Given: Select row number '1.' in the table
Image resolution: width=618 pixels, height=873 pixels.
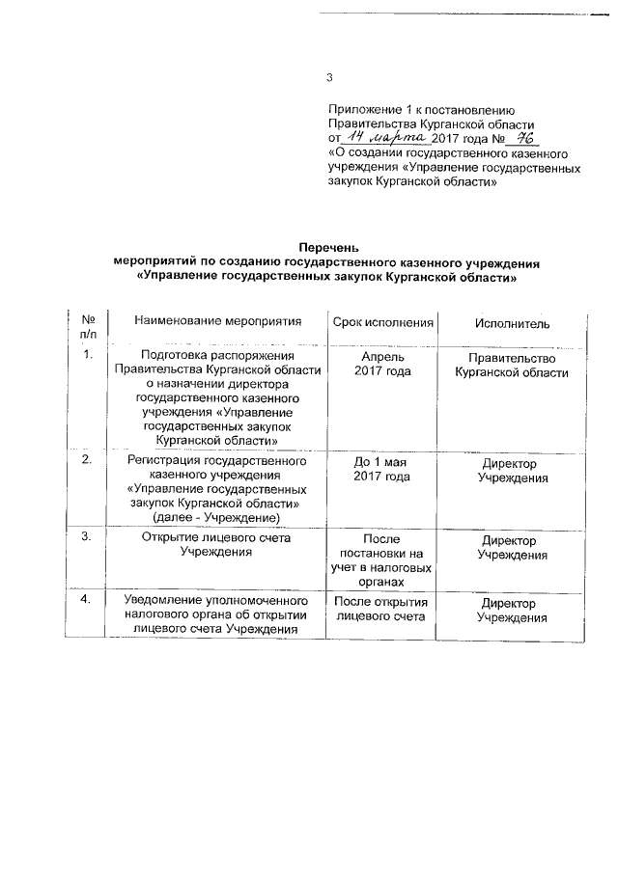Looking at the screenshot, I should click(x=88, y=356).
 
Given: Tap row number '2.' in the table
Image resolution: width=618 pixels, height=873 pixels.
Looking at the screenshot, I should click(x=88, y=461).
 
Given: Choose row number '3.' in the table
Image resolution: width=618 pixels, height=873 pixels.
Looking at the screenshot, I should click(x=88, y=537).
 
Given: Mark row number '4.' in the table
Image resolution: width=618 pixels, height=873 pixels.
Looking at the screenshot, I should click(x=88, y=601).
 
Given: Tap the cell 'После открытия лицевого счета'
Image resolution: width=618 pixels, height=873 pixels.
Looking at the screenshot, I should click(x=379, y=609).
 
